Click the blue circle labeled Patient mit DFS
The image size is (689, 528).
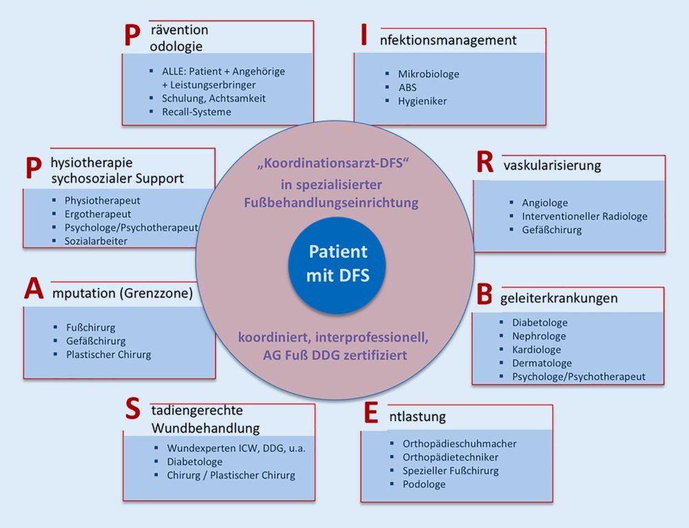[x=337, y=265]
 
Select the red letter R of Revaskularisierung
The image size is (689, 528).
[x=485, y=163]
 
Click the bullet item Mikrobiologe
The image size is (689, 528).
[x=428, y=74]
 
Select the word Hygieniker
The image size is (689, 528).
[x=422, y=101]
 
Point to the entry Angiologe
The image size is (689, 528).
[x=544, y=203]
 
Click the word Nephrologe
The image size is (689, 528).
[x=538, y=336]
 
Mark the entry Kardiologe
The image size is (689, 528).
[x=536, y=349]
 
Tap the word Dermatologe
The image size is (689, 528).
[x=542, y=363]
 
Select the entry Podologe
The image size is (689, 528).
[x=424, y=485]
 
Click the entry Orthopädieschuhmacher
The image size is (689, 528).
[x=459, y=444]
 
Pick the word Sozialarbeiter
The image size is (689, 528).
[x=96, y=241]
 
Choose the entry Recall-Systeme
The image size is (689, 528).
[x=196, y=112]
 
